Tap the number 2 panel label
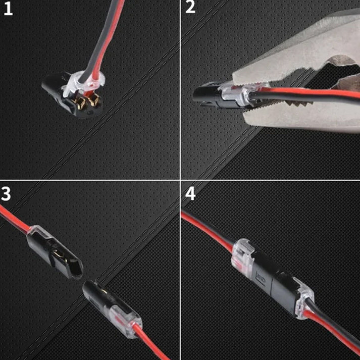[x=190, y=9]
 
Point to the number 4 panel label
[x=190, y=193]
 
